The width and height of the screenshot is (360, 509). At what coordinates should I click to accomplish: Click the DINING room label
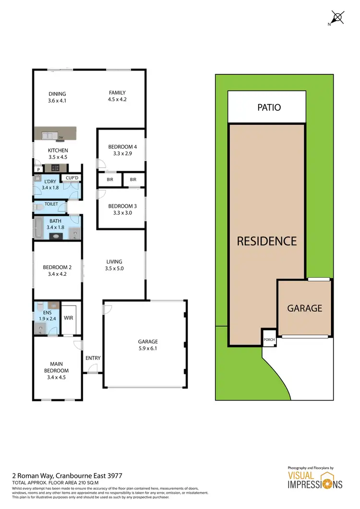57,94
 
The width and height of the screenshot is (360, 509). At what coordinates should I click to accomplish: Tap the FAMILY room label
117,93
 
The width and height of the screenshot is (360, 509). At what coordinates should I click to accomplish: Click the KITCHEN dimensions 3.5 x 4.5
58,156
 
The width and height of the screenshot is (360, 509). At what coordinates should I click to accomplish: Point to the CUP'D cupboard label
72,178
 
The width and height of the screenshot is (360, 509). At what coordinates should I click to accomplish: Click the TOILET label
51,204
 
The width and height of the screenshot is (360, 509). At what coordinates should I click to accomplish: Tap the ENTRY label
93,358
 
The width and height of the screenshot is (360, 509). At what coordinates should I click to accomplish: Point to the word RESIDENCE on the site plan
266,241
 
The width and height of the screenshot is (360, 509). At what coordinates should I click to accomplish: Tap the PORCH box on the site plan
269,339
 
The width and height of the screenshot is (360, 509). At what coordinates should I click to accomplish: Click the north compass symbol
337,18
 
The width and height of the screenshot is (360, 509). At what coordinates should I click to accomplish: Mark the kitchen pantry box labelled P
38,169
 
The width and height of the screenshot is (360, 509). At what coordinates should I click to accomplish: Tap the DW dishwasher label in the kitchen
61,138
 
